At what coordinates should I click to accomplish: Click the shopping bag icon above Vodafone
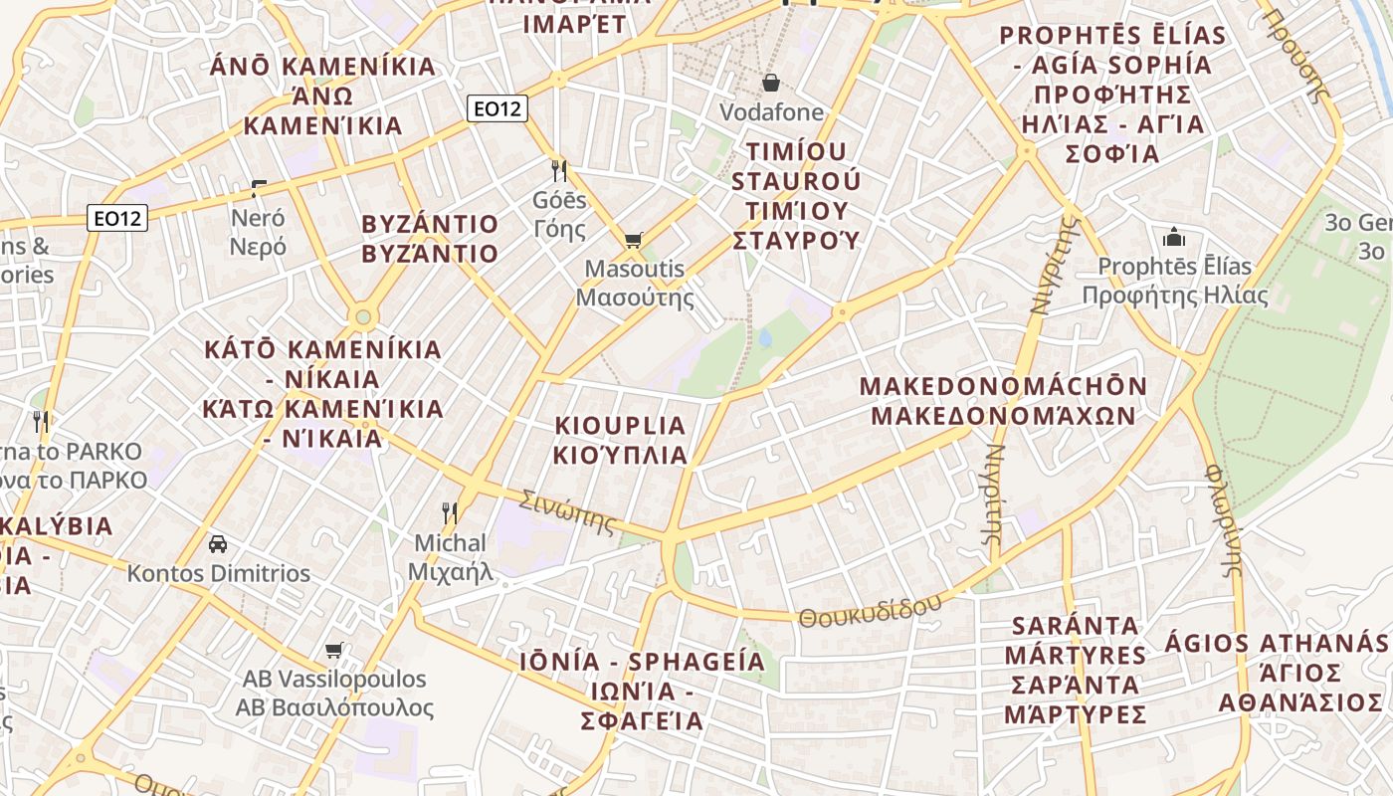770,82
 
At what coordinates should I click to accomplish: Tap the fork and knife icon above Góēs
558,171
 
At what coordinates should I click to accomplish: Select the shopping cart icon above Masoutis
633,240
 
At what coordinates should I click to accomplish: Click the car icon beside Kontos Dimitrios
218,544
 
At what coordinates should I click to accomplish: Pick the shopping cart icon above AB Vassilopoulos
334,650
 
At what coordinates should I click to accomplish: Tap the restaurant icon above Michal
450,513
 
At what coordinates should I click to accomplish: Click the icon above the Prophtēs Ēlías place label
1174,238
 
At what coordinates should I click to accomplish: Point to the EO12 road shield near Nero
118,218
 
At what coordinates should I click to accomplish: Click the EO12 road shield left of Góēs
497,108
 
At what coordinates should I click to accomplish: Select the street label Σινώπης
568,511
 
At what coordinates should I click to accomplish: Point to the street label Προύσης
1298,55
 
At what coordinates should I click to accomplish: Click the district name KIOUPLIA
620,426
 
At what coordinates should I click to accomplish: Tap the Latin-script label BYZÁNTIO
430,224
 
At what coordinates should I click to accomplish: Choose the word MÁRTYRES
1075,656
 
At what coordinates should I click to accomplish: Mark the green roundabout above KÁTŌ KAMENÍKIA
362,317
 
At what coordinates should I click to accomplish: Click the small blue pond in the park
764,339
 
